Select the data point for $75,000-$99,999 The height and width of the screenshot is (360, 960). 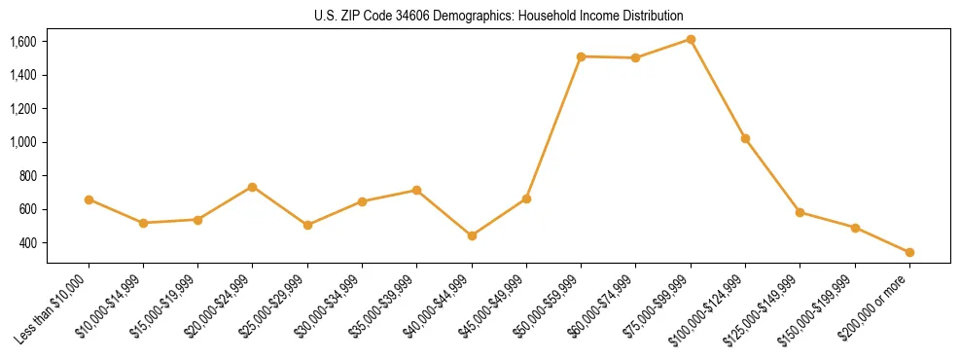point(691,39)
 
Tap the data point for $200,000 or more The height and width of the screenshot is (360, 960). point(909,252)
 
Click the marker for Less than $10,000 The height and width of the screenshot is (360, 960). point(89,199)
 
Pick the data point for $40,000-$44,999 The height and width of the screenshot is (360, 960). point(472,235)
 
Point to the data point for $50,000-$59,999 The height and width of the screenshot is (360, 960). point(581,56)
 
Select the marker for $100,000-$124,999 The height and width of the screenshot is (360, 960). point(745,138)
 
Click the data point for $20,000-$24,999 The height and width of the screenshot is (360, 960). point(252,187)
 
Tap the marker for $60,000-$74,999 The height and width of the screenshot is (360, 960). point(635,58)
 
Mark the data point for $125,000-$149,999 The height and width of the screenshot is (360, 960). point(800,212)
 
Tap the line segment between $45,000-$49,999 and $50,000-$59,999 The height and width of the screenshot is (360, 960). point(553,127)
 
